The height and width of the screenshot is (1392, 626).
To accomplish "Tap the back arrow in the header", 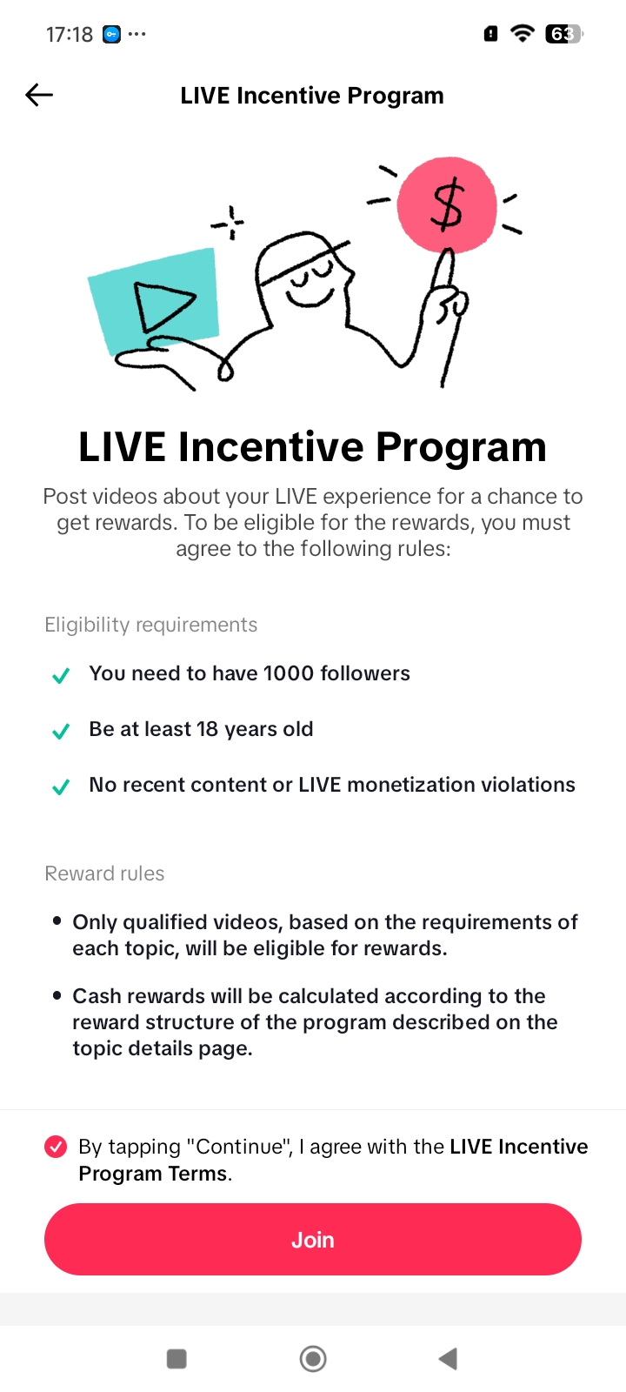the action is pos(39,95).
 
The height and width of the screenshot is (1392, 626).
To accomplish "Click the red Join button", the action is pos(312,1239).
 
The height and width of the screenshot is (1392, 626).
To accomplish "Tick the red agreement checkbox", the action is pos(56,1147).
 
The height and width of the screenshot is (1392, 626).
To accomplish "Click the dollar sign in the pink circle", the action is pos(447,204).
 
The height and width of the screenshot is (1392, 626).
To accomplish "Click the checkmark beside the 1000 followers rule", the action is pos(61,675).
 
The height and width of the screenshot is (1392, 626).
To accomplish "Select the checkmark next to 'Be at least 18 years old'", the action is pos(61,731).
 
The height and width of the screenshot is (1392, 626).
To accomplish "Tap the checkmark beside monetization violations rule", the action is pos(61,786).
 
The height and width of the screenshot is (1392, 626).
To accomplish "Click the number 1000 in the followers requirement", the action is pos(288,673).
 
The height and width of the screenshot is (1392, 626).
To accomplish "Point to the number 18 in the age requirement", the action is pos(207,729).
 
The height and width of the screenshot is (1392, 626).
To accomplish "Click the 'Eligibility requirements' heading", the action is pos(151,625).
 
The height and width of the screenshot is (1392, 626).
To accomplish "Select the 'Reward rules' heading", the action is pos(104,873).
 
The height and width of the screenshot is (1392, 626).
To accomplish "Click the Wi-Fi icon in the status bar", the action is pos(523,33).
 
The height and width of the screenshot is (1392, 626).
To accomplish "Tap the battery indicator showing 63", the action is pos(564,34).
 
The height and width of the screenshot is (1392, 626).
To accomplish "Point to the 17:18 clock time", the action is pos(70,34).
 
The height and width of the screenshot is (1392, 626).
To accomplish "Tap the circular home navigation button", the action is pos(313,1358).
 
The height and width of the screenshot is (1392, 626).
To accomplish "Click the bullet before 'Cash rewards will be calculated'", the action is pos(57,995).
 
